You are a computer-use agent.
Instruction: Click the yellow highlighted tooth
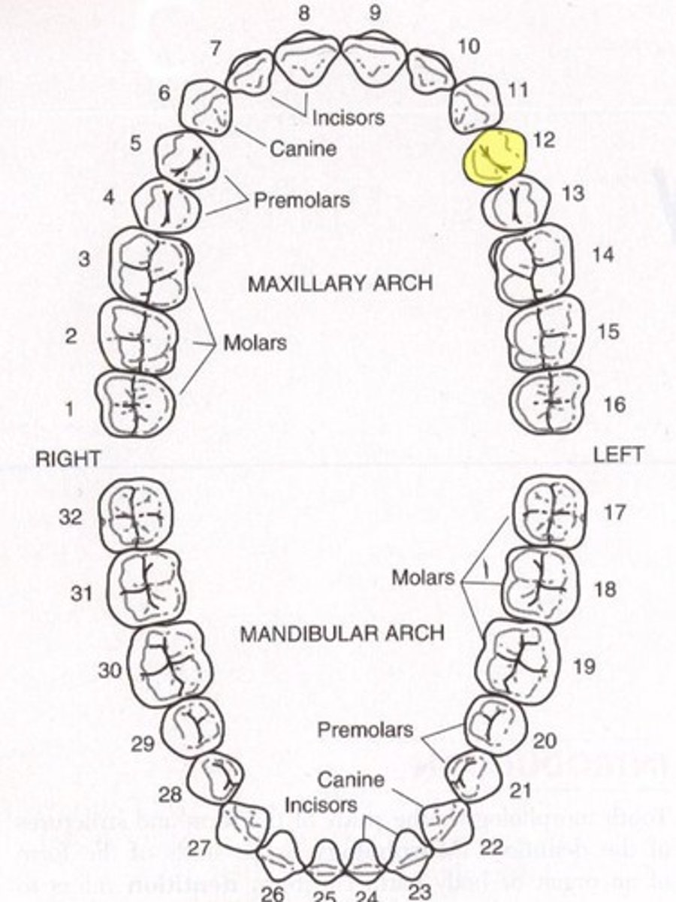point(495,156)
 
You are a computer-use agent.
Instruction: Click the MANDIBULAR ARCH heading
point(342,633)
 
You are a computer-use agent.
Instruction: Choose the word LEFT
point(618,455)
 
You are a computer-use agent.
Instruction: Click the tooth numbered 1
point(135,404)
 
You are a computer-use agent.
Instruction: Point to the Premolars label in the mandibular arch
point(365,730)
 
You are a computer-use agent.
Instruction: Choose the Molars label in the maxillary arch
point(255,344)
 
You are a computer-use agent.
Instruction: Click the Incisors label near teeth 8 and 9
point(348,117)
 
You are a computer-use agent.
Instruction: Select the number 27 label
point(199,849)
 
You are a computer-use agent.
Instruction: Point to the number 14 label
point(602,255)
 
